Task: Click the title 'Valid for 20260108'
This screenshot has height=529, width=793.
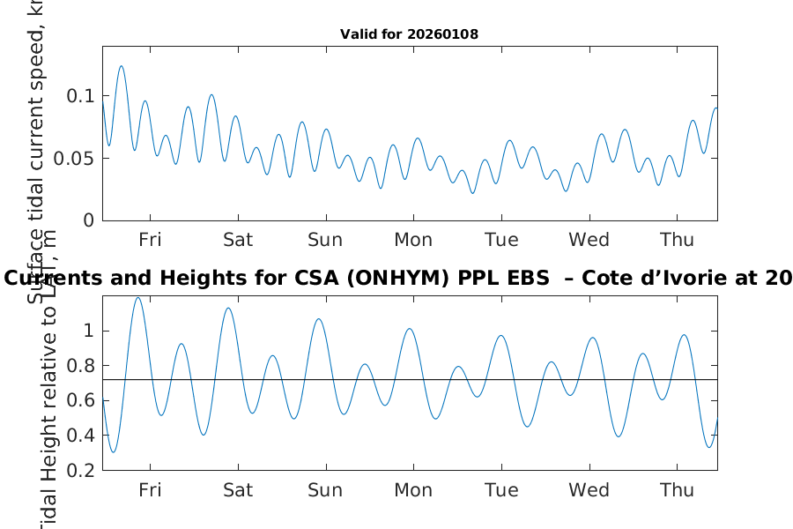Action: (409, 34)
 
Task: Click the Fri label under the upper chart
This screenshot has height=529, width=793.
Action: (150, 240)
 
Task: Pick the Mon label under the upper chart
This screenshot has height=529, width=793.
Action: (413, 240)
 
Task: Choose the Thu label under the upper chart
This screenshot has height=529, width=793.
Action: (678, 240)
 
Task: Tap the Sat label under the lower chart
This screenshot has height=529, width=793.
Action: (238, 489)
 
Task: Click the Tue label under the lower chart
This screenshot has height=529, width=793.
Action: (501, 489)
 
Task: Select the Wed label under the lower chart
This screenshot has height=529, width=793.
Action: (589, 489)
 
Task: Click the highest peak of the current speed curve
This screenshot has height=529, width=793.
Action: (122, 66)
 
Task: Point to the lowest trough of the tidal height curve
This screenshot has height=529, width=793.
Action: (113, 452)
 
